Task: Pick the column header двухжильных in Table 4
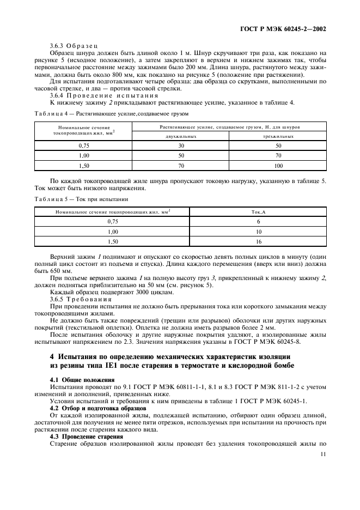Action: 181,136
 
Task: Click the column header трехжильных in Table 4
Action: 278,136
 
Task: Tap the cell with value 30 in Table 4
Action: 181,146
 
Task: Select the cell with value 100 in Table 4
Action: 278,165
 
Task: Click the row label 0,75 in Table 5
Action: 113,222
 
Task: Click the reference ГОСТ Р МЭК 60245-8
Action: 287,342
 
